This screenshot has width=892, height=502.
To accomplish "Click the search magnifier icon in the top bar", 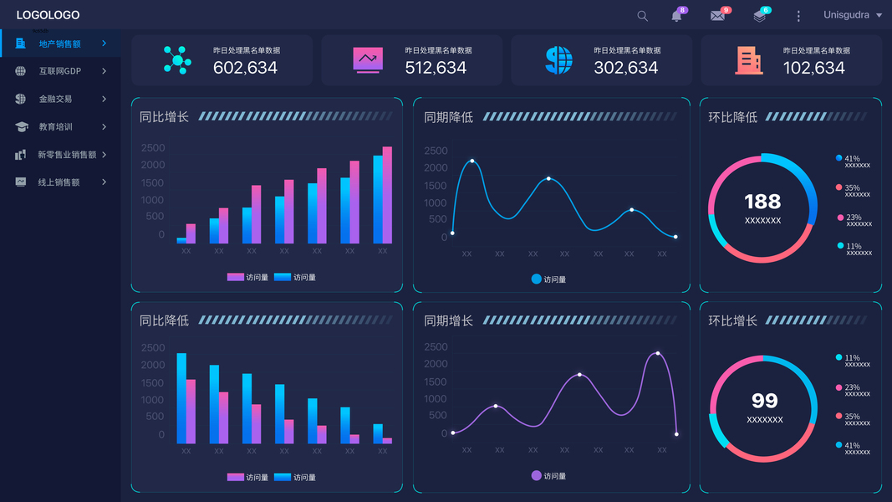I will click(x=642, y=16).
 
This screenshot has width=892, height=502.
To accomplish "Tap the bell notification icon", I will click(x=676, y=16).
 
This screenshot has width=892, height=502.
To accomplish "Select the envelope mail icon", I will click(x=717, y=16).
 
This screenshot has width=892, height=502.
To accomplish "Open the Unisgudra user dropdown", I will click(x=853, y=15).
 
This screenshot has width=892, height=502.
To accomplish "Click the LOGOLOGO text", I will click(x=48, y=15).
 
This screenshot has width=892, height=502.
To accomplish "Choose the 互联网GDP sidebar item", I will click(x=60, y=71).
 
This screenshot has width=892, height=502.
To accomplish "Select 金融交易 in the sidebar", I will click(x=55, y=99).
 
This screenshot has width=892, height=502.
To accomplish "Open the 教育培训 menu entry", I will click(x=55, y=127).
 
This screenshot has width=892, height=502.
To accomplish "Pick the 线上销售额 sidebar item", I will click(x=59, y=182).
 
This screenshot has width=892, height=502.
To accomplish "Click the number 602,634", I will click(x=245, y=68).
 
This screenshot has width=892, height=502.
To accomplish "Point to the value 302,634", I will click(x=626, y=68).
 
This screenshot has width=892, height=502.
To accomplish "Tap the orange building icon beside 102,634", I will click(x=748, y=59).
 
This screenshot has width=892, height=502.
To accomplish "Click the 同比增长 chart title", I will click(x=164, y=117).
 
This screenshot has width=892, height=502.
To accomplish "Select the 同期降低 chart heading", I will click(x=448, y=117).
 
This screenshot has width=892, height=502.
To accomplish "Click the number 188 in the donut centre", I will click(x=762, y=201).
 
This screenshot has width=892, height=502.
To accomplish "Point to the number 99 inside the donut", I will click(x=764, y=401).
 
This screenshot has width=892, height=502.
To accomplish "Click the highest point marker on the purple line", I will click(x=658, y=353).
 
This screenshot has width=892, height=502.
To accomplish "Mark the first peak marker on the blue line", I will click(x=472, y=161).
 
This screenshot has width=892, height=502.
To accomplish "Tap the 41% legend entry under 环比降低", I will click(x=853, y=159).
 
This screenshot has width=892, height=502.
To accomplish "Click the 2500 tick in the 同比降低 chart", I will click(x=153, y=348).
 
